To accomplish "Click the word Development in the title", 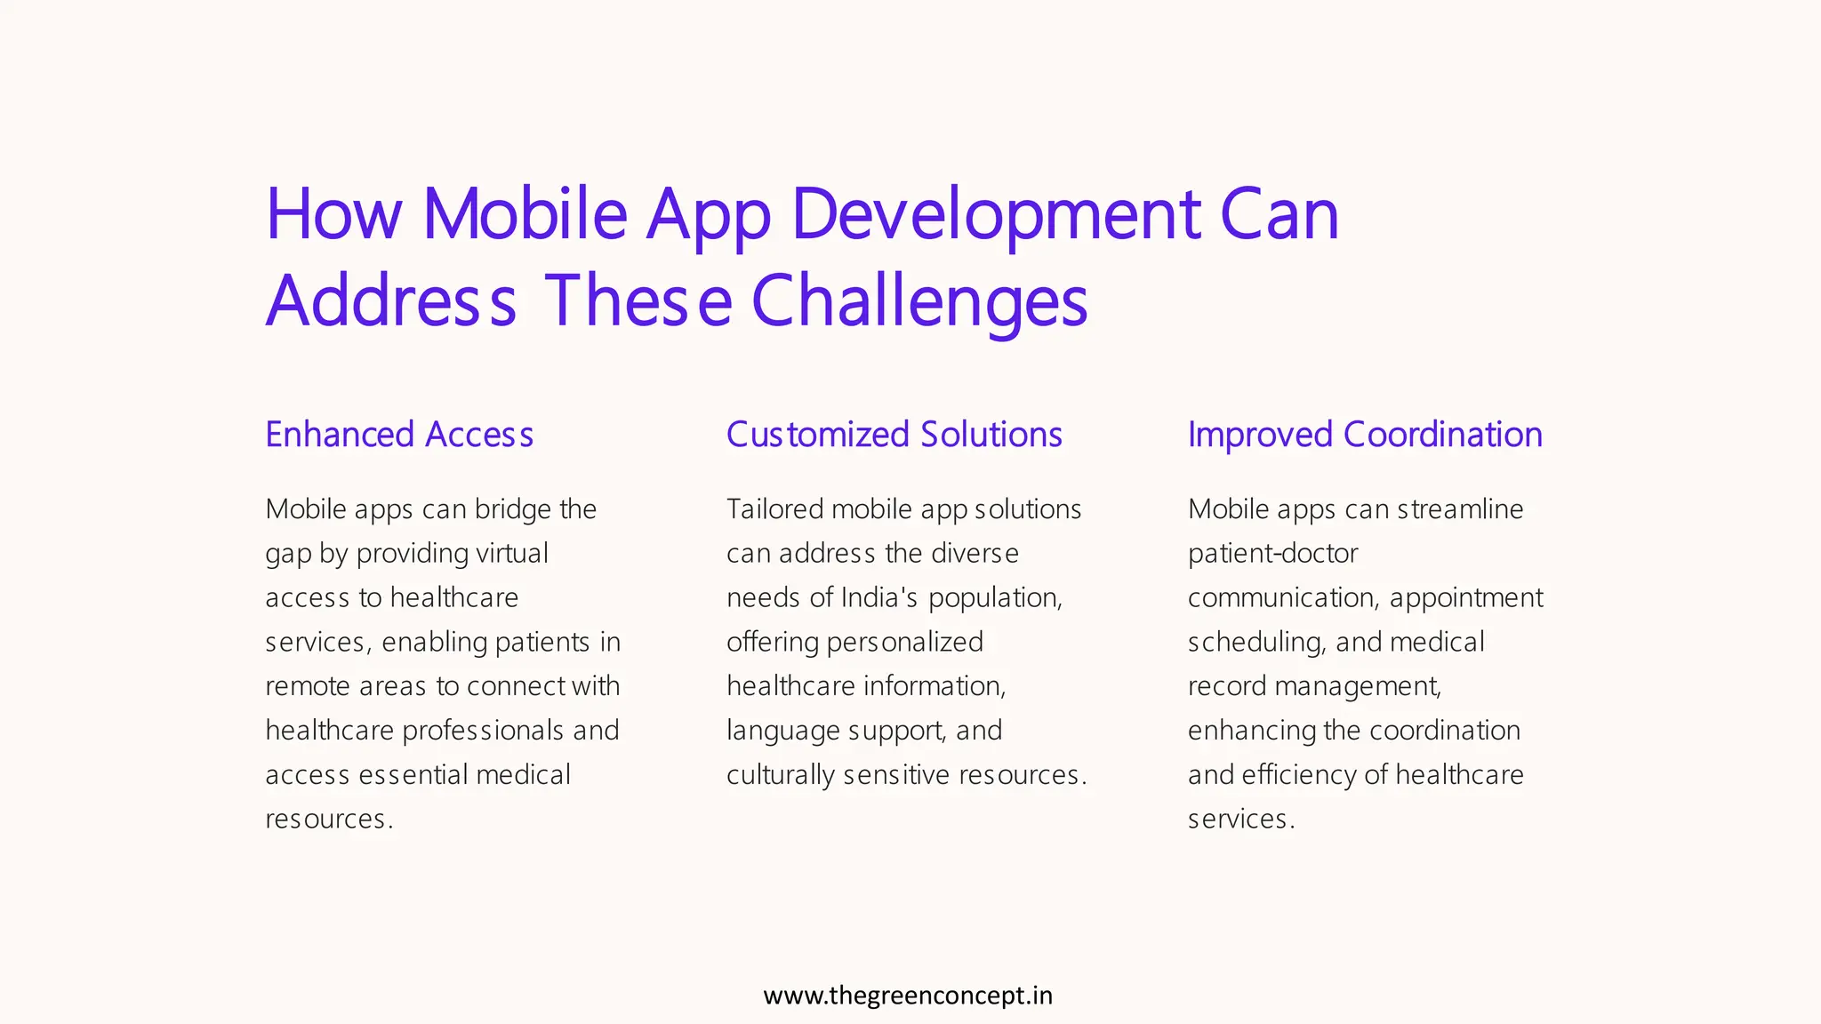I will coord(995,216).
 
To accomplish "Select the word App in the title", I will coord(708,216).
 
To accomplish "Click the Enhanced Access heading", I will coord(399,435).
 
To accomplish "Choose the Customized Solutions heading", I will coord(894,435).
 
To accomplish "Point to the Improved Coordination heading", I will coord(1365,435).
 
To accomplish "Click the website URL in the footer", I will coord(908,996).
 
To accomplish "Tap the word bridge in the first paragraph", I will coord(512,509).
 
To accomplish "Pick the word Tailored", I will coord(774,509).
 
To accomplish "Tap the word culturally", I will coord(780,775).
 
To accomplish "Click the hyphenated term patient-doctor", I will coord(1272,554).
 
